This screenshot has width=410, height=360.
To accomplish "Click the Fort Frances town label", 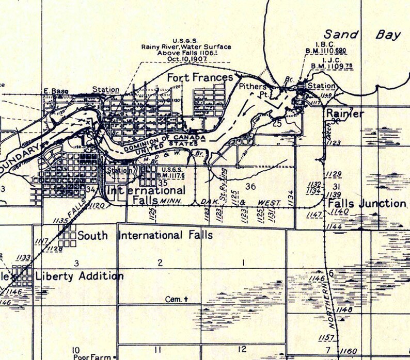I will (x=200, y=78).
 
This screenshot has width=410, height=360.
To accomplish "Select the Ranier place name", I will (x=345, y=114).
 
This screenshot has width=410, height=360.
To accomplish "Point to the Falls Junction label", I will (x=367, y=203).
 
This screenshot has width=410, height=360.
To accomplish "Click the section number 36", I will (x=251, y=186).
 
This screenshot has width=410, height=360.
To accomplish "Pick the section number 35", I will (x=163, y=183).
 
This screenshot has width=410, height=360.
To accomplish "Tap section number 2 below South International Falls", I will (x=160, y=263).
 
